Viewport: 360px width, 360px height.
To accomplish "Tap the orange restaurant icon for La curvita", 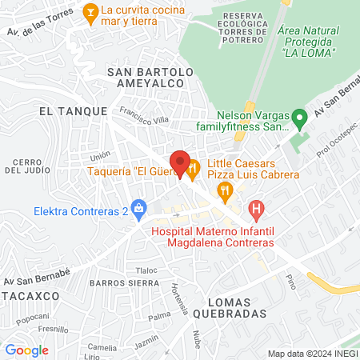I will click(90, 12).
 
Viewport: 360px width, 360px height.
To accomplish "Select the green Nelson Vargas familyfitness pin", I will click(299, 121).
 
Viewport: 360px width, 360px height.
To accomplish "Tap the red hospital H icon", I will click(256, 211).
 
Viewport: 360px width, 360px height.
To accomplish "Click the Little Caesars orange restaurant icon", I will click(194, 168).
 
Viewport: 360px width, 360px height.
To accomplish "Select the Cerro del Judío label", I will click(29, 165).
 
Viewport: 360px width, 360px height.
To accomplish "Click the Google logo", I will click(26, 350).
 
